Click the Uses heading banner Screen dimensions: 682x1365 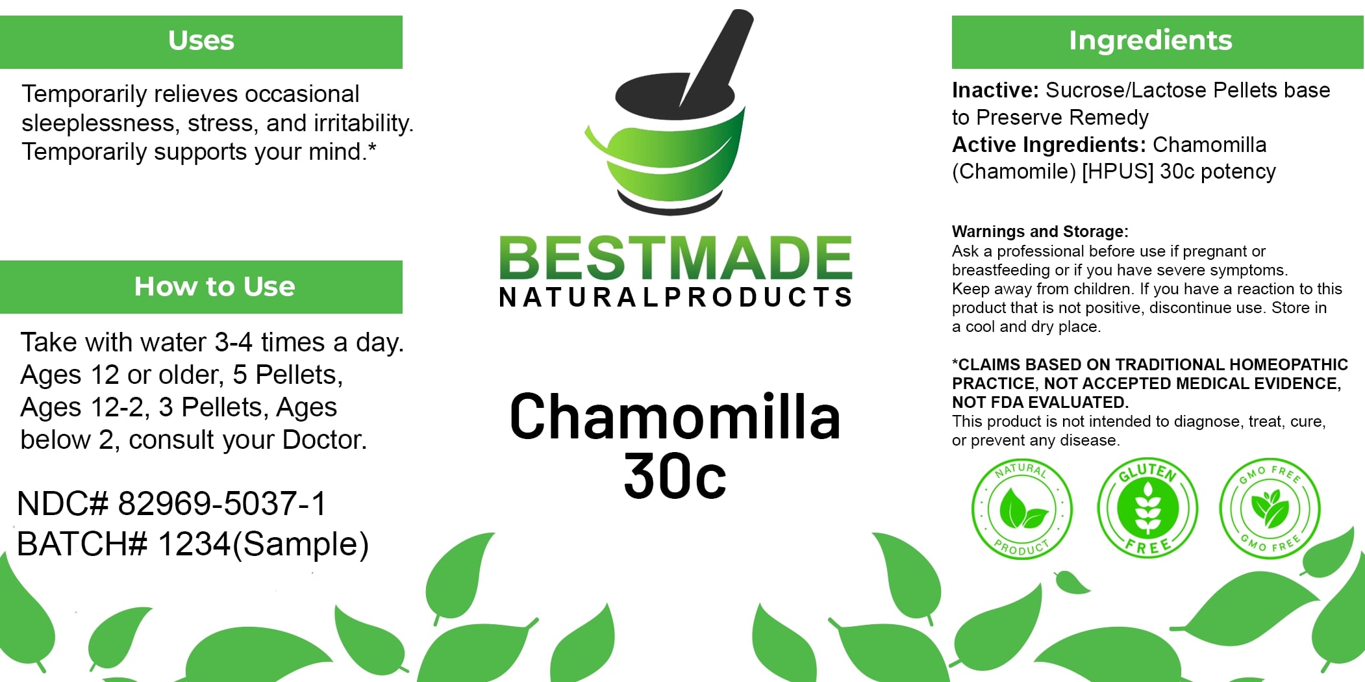click(201, 41)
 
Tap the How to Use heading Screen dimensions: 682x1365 click(214, 286)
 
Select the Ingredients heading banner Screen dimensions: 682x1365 click(1150, 41)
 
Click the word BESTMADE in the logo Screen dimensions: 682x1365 click(675, 259)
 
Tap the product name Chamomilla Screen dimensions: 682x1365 click(675, 418)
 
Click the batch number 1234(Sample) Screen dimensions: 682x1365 click(263, 544)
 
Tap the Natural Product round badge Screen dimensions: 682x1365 click(1021, 509)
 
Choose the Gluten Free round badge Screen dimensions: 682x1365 click(1147, 508)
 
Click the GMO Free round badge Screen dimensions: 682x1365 click(1270, 508)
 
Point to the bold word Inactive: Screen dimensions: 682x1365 click(996, 90)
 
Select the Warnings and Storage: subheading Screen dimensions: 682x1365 click(1040, 232)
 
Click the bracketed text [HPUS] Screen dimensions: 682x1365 click(1117, 172)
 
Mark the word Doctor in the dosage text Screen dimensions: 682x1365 click(324, 440)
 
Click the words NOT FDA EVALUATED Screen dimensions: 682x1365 click(1040, 403)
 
